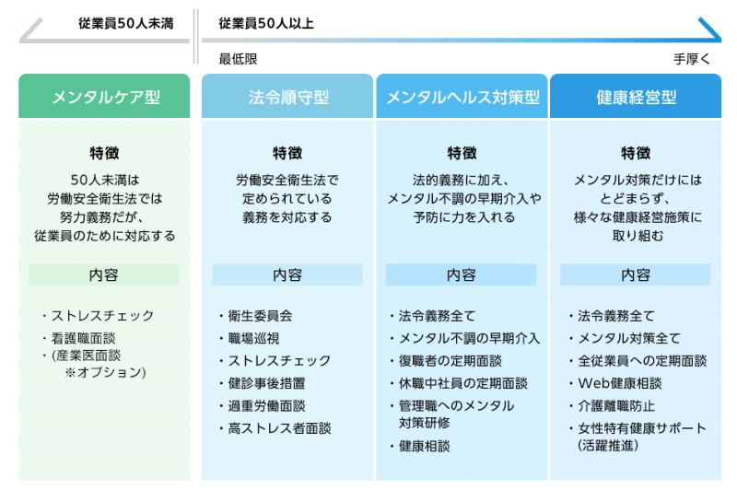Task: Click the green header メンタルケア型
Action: (x=104, y=97)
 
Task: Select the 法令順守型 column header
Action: (x=287, y=97)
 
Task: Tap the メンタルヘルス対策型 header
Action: (x=462, y=97)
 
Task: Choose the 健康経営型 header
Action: (x=636, y=97)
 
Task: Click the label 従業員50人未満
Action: (x=126, y=24)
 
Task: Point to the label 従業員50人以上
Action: (x=266, y=24)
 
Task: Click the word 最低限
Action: (x=238, y=59)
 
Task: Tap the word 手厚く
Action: (x=692, y=59)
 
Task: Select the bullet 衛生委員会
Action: (x=260, y=316)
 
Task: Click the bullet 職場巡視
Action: (x=254, y=338)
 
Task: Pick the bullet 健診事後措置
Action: (x=266, y=383)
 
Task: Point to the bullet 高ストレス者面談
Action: (x=280, y=428)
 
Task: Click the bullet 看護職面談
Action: (x=83, y=338)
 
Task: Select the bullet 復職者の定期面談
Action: (x=450, y=361)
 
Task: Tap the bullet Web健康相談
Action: (x=620, y=383)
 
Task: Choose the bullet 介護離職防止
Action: (x=616, y=406)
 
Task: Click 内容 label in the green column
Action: (x=103, y=275)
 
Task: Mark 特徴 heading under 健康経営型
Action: (x=636, y=153)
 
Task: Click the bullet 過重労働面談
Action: (x=266, y=406)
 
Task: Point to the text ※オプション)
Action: (x=105, y=373)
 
